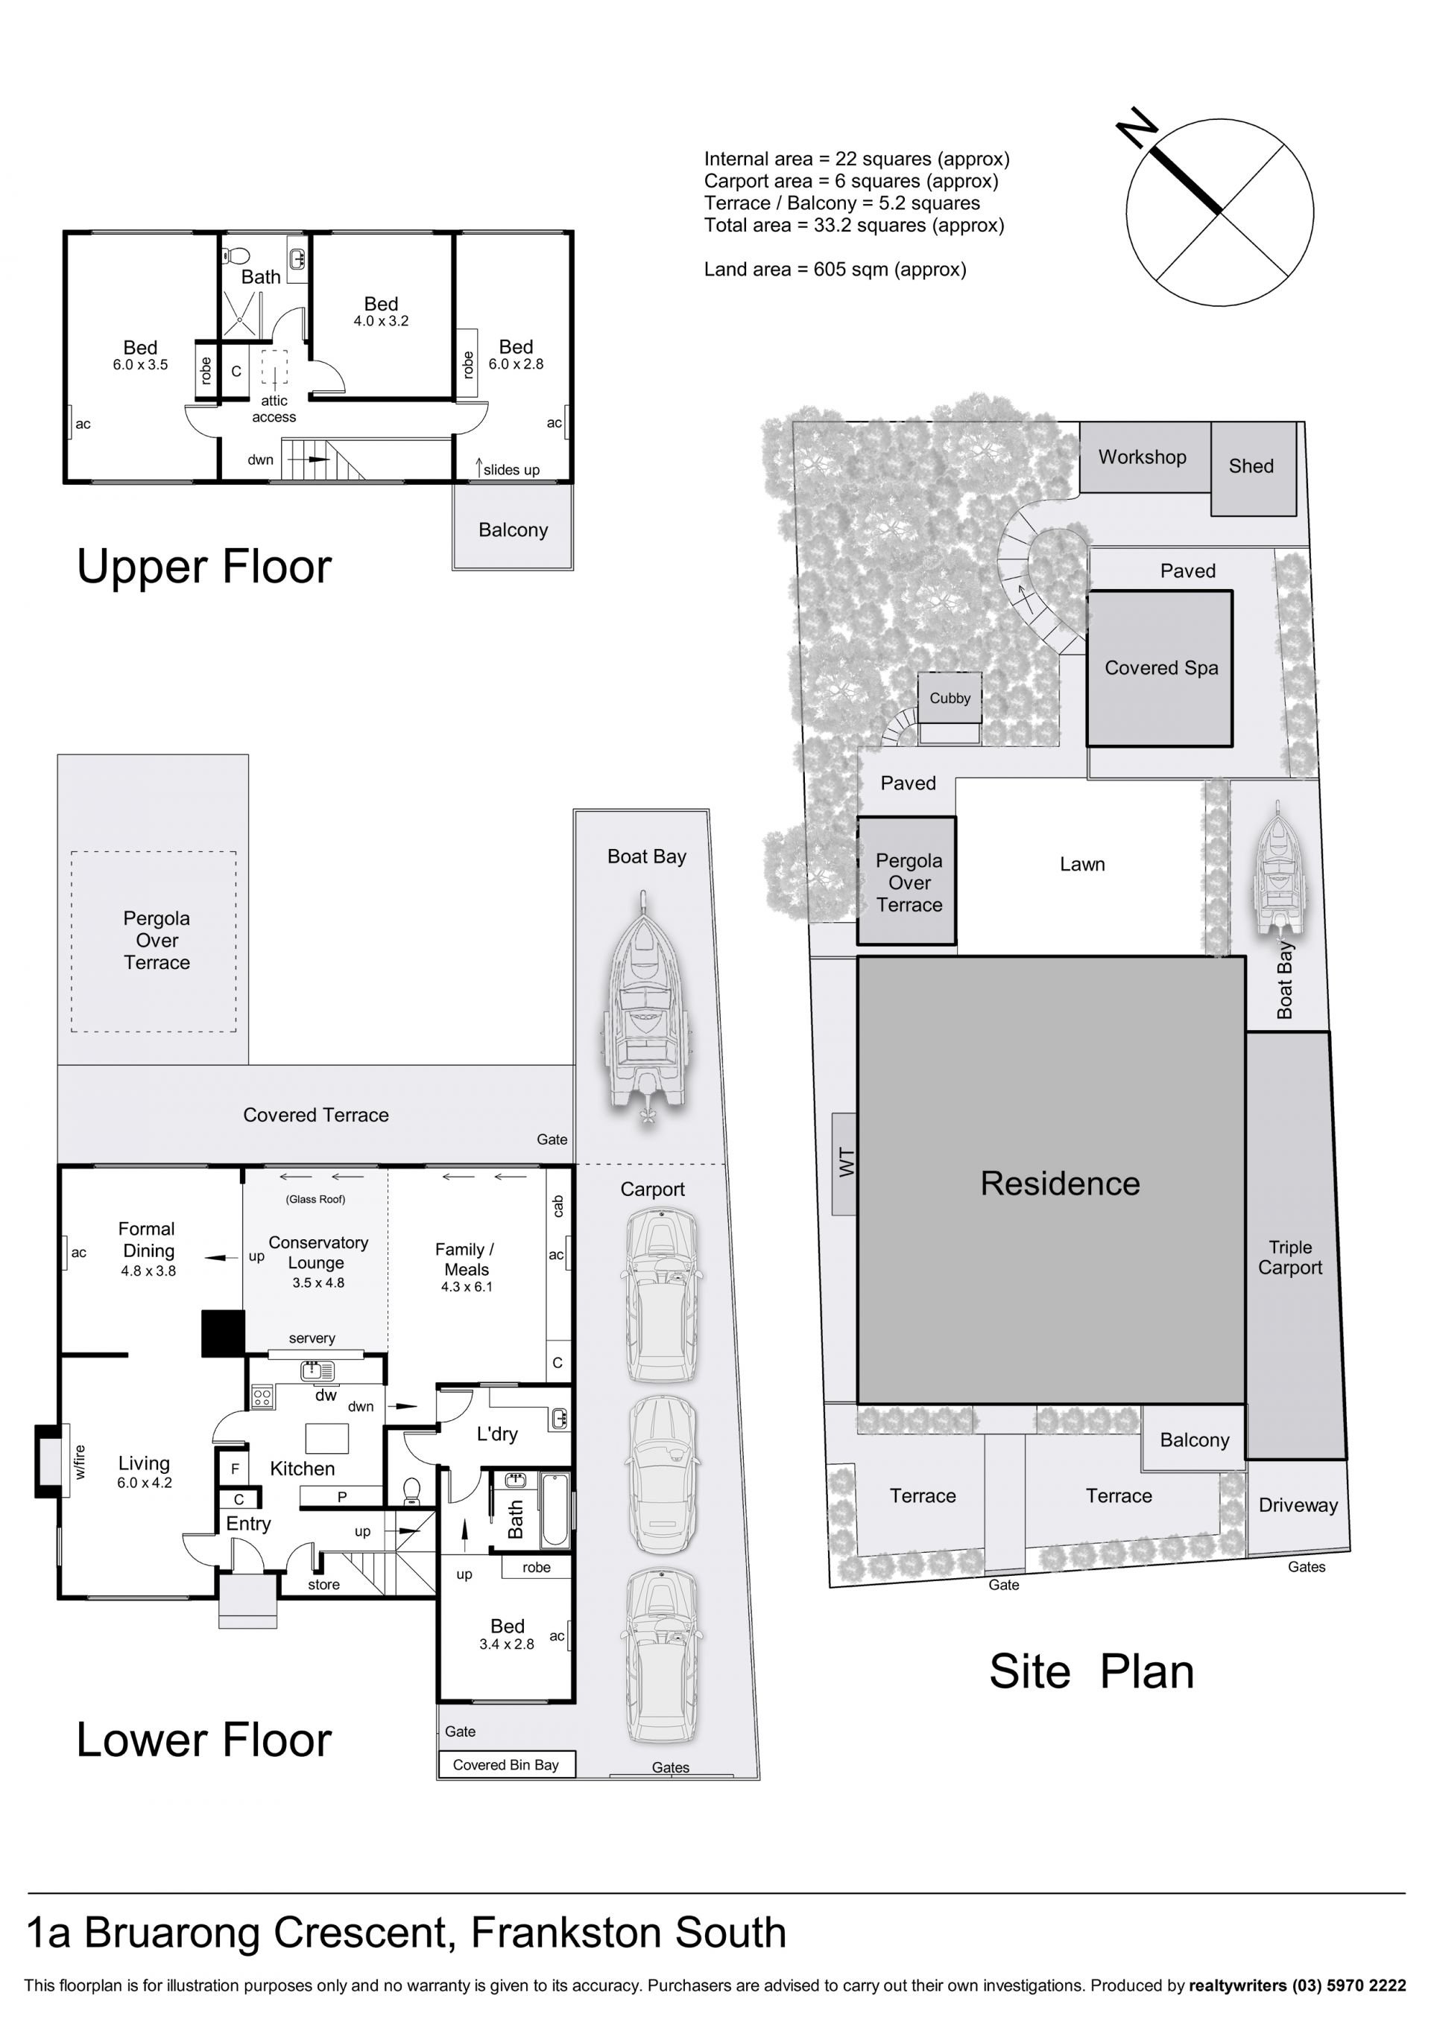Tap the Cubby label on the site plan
click(x=949, y=699)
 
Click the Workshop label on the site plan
click(x=1142, y=457)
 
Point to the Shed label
click(x=1251, y=466)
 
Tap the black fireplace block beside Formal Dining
click(x=223, y=1332)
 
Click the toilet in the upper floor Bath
click(x=236, y=255)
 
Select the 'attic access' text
click(x=274, y=409)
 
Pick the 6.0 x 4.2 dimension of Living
click(x=145, y=1483)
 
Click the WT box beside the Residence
click(x=844, y=1163)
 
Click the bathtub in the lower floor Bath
click(x=555, y=1509)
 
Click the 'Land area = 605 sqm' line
click(x=835, y=270)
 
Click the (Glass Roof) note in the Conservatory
click(x=315, y=1198)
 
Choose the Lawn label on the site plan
click(x=1082, y=864)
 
